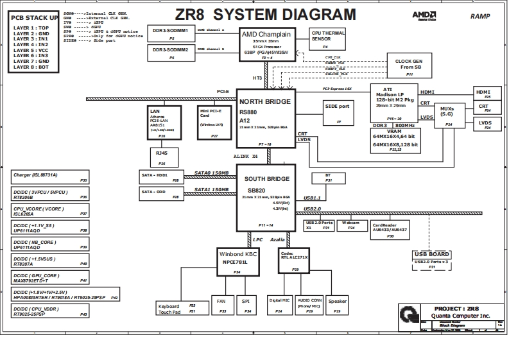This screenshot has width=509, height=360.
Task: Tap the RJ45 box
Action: tap(162, 155)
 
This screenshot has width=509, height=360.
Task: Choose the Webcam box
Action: tap(350, 225)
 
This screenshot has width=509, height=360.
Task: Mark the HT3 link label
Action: tap(257, 78)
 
